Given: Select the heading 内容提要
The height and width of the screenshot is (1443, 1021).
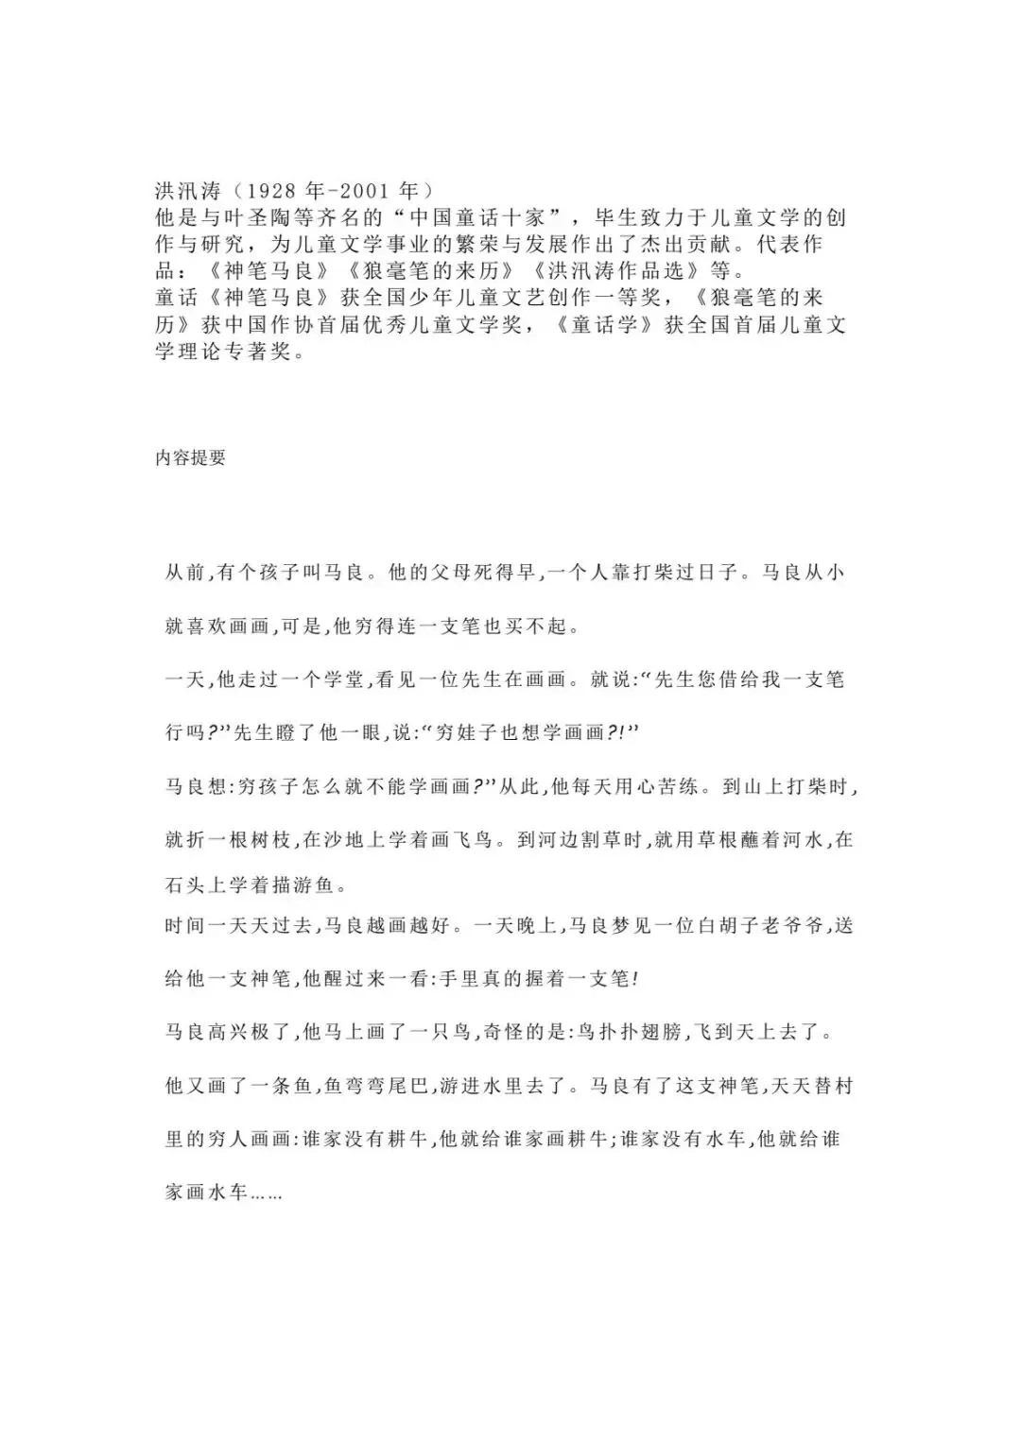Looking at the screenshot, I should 190,458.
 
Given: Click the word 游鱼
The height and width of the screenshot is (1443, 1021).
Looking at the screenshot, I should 313,886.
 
